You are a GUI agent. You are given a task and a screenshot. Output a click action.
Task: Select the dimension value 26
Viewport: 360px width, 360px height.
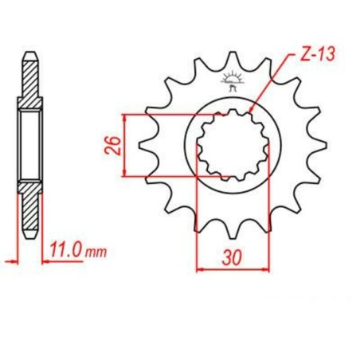[114, 145]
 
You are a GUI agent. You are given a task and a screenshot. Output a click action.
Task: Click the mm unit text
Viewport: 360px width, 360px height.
[96, 253]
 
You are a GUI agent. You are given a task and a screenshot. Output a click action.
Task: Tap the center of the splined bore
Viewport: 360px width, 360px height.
[233, 145]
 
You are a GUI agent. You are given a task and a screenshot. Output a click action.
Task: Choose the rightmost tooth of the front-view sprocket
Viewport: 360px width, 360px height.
[321, 146]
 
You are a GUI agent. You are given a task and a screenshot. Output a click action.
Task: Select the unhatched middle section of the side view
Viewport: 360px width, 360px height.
[29, 146]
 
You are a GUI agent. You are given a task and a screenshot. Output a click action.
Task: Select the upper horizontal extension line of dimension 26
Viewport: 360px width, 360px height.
[167, 115]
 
